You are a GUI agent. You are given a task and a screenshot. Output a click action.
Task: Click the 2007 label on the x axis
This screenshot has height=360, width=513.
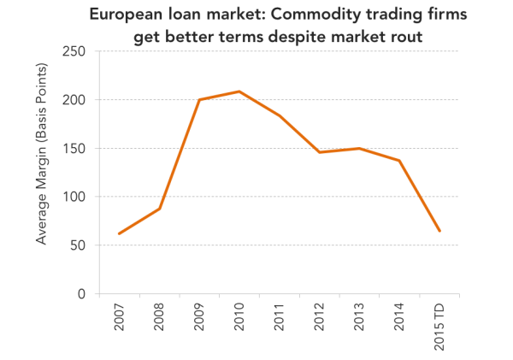[120, 317]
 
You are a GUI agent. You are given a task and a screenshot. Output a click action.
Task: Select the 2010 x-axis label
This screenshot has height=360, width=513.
[239, 317]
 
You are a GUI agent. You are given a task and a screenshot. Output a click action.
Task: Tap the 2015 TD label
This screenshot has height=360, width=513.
[439, 327]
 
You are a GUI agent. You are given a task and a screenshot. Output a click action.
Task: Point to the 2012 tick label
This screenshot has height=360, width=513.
[319, 317]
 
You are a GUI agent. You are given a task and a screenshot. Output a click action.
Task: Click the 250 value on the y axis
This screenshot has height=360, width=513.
[74, 51]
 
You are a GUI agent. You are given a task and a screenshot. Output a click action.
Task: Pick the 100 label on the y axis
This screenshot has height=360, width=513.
[74, 197]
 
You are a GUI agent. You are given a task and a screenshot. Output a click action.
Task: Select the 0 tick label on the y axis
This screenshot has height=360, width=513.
[81, 293]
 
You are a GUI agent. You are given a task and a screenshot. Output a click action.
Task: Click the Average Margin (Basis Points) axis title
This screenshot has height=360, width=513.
[42, 154]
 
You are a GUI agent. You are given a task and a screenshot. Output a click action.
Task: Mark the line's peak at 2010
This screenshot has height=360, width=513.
[239, 91]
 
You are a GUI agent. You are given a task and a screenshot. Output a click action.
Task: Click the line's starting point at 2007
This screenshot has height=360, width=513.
[119, 233]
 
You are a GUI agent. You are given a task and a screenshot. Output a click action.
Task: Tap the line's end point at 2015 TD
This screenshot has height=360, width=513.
[439, 231]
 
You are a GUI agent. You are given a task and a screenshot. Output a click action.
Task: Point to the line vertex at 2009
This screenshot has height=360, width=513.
[199, 99]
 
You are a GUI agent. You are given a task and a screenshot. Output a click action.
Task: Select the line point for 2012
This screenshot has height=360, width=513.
[319, 152]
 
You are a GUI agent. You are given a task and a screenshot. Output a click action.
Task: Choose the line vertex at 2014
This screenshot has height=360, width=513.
[399, 161]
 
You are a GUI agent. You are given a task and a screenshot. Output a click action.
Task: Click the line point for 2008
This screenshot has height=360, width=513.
[160, 208]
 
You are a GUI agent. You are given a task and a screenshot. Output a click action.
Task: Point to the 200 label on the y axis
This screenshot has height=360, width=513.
[74, 100]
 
